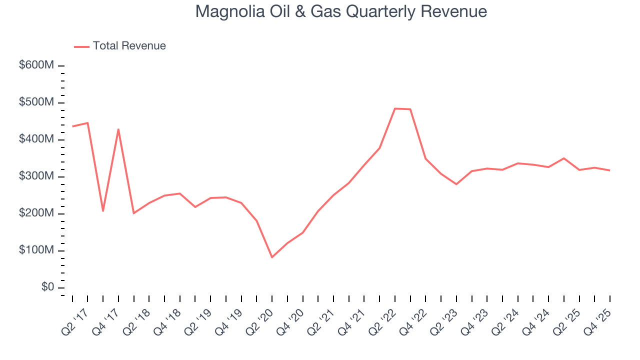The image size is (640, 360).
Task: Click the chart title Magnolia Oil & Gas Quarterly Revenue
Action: (341, 11)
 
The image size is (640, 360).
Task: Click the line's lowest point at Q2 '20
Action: (272, 257)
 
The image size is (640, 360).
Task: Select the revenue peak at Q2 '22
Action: (395, 108)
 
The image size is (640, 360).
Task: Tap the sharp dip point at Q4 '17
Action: (103, 211)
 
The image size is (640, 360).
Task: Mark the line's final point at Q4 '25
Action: (610, 170)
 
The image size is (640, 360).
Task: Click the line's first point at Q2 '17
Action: (72, 126)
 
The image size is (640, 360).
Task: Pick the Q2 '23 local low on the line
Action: (456, 184)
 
